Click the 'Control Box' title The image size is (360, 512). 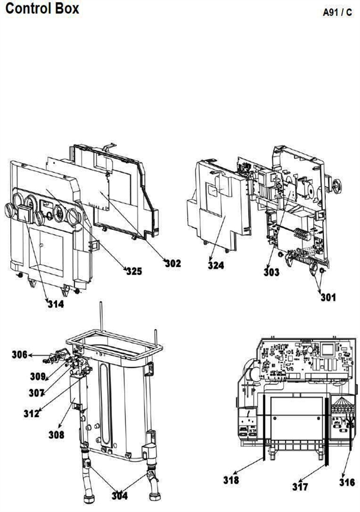click(43, 8)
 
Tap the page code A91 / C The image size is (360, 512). click(337, 13)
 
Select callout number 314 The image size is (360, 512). click(56, 304)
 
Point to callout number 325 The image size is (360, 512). click(134, 271)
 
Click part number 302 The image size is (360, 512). click(173, 263)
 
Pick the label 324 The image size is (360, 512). click(216, 265)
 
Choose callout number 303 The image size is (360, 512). click(272, 272)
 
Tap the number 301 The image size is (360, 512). click(328, 297)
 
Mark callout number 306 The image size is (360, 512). click(20, 354)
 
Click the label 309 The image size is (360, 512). click(38, 376)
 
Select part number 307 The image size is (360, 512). click(36, 393)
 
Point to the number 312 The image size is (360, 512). click(31, 414)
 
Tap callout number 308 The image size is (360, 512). click(56, 435)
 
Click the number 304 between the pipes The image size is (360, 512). click(119, 495)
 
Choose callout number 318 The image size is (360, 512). click(231, 480)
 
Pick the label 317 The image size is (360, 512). click(300, 487)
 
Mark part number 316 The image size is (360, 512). click(347, 482)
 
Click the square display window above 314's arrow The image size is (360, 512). click(25, 213)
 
